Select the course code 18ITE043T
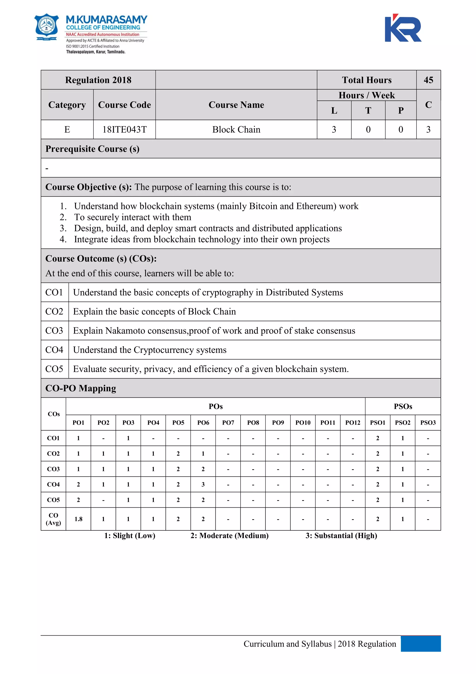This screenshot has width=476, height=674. pyautogui.click(x=124, y=129)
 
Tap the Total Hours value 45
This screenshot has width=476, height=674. pyautogui.click(x=428, y=80)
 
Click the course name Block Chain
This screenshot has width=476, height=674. pyautogui.click(x=236, y=129)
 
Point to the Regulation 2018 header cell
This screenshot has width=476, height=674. pyautogui.click(x=98, y=80)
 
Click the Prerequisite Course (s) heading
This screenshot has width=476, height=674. pyautogui.click(x=92, y=149)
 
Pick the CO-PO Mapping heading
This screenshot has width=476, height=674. pyautogui.click(x=81, y=388)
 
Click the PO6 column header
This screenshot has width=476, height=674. pyautogui.click(x=203, y=422)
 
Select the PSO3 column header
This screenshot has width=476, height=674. pyautogui.click(x=428, y=422)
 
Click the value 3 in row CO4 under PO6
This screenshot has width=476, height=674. pyautogui.click(x=203, y=484)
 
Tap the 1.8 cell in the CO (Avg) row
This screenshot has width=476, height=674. pyautogui.click(x=78, y=519)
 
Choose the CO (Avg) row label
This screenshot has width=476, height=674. pyautogui.click(x=53, y=519)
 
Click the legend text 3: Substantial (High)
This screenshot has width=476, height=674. pyautogui.click(x=341, y=536)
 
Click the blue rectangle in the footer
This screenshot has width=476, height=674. pyautogui.click(x=421, y=644)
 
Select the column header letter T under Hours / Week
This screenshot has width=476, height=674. pyautogui.click(x=368, y=111)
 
